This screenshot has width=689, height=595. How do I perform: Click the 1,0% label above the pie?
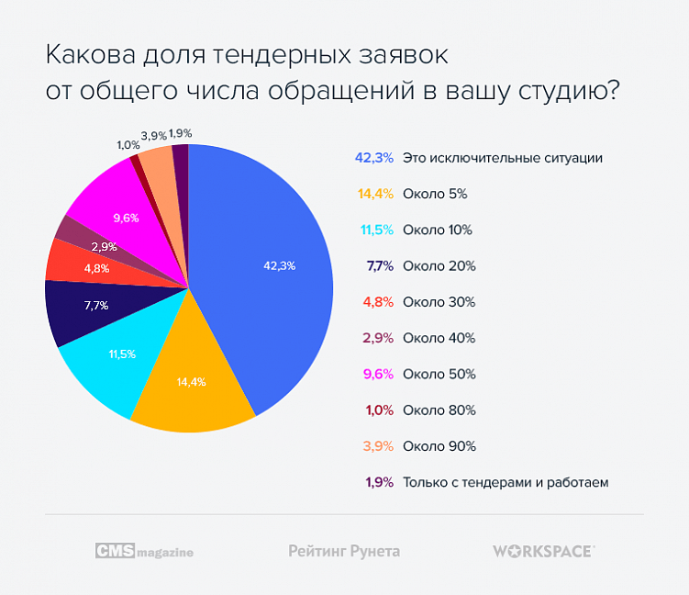pyautogui.click(x=128, y=144)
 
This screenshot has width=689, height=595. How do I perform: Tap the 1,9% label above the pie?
pyautogui.click(x=181, y=133)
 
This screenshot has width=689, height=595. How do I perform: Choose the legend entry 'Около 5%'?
pyautogui.click(x=435, y=194)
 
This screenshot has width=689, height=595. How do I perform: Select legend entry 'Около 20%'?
pyautogui.click(x=439, y=266)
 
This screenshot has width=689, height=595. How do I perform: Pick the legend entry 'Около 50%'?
pyautogui.click(x=439, y=374)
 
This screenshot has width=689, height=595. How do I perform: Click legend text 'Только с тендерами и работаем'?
pyautogui.click(x=506, y=481)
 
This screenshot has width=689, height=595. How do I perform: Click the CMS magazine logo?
pyautogui.click(x=144, y=551)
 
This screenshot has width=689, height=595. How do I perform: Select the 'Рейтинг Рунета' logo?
pyautogui.click(x=343, y=551)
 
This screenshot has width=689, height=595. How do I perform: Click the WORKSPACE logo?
pyautogui.click(x=543, y=551)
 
